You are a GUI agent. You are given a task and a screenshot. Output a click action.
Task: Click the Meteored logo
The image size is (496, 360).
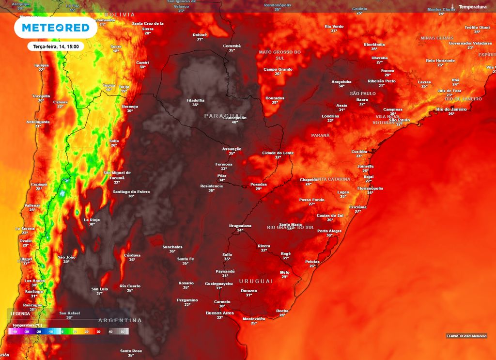(56, 28)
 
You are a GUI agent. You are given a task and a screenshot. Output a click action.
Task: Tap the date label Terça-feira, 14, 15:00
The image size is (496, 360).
(56, 46)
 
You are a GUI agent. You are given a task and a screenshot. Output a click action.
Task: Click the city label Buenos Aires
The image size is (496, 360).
(220, 313)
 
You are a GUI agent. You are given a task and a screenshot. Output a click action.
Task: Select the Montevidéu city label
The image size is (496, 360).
(254, 319)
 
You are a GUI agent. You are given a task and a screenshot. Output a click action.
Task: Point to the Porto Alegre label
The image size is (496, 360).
(329, 231)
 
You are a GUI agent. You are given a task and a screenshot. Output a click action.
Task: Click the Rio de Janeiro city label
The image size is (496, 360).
(451, 109)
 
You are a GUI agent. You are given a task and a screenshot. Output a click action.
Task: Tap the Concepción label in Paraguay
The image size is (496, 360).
(234, 118)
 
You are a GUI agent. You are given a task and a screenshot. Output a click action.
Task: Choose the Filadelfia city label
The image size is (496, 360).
(195, 100)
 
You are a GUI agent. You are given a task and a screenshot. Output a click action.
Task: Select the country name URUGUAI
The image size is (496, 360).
(256, 282)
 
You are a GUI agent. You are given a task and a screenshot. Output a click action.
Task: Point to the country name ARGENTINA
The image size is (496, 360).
(120, 320)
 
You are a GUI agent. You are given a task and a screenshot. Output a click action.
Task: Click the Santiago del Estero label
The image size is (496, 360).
(131, 191)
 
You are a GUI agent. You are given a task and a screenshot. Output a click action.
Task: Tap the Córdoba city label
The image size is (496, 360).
(132, 255)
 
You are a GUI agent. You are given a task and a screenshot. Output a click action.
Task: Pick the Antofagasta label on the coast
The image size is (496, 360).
(38, 122)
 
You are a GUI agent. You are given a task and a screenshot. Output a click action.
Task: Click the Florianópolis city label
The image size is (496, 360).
(370, 188)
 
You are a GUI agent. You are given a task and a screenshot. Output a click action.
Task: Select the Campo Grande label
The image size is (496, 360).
(278, 69)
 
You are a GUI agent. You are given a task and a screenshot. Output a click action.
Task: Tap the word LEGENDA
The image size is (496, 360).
(20, 313)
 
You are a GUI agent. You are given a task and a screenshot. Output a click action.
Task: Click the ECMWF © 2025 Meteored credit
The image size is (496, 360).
(466, 336)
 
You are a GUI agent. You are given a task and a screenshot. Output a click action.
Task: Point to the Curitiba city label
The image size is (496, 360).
(359, 152)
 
